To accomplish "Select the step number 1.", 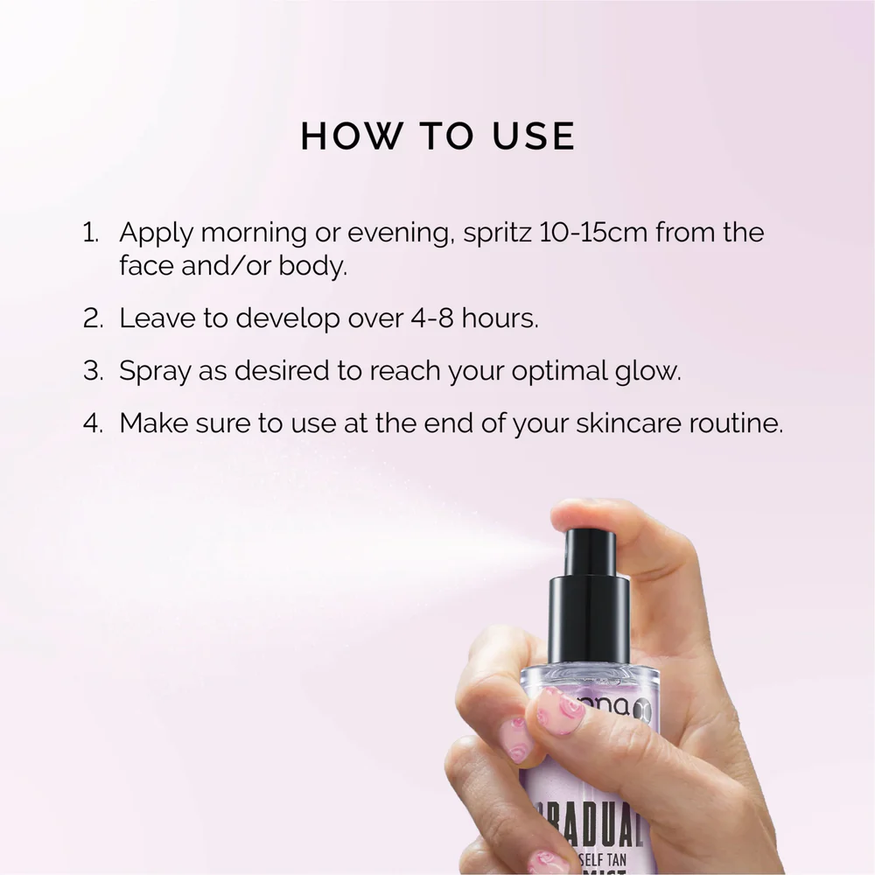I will click(x=89, y=234).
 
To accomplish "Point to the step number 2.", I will click(x=92, y=318).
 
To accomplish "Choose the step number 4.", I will click(x=92, y=423).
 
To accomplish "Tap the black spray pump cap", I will click(x=590, y=604).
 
